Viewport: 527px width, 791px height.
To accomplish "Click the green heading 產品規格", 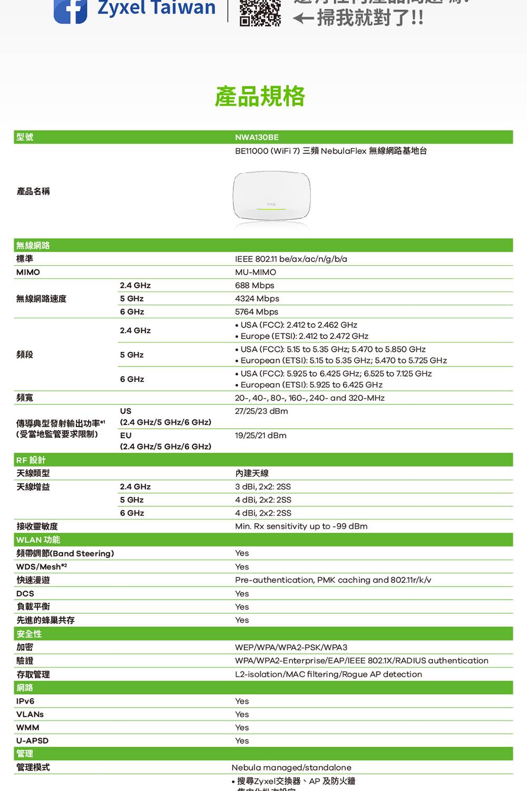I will click(x=260, y=96).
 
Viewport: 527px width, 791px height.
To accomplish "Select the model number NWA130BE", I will click(x=257, y=137).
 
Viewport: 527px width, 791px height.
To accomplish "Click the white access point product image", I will click(x=271, y=197).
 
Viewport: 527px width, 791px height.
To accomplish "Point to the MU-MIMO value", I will click(x=256, y=272).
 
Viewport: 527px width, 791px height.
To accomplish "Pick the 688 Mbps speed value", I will click(x=255, y=285).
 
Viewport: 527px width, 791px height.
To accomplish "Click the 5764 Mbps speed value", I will click(x=257, y=312).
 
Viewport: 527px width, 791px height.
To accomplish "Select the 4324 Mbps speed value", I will click(x=257, y=298).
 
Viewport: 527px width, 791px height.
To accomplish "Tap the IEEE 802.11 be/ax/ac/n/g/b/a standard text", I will click(x=291, y=259).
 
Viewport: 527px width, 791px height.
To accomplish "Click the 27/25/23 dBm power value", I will click(x=261, y=411).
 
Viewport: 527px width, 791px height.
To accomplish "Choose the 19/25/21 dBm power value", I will click(x=261, y=436).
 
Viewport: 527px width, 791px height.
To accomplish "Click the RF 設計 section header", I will click(x=31, y=460).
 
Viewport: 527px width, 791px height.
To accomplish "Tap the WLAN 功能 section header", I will click(x=38, y=539).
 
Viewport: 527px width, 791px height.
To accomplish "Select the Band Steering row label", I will click(x=65, y=553).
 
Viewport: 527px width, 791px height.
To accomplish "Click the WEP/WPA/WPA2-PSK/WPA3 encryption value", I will click(x=291, y=647).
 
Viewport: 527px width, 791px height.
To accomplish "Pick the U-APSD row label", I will click(x=32, y=740).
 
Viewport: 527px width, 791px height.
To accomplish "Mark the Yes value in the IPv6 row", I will click(x=242, y=701).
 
